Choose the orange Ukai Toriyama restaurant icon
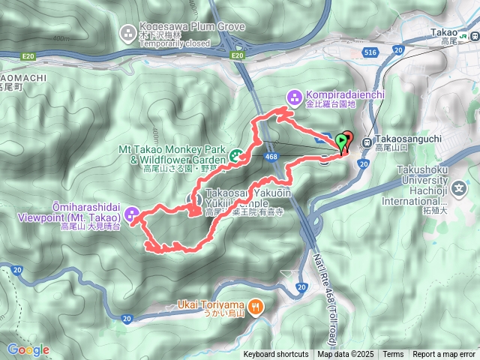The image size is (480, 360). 256,305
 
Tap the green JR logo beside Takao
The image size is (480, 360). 466,33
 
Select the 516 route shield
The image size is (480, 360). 370,52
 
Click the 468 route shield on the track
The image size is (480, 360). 271,157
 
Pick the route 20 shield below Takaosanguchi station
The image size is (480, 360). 363,163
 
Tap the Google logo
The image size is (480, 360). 28,349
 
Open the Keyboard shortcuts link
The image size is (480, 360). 275,355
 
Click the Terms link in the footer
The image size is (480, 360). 392,355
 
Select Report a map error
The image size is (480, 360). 444,355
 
